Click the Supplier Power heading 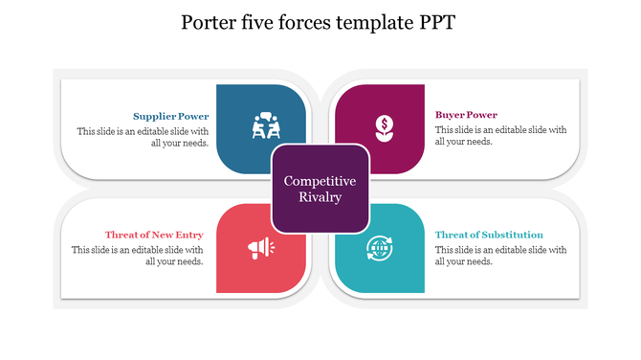tap(171, 116)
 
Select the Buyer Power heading tap(466, 115)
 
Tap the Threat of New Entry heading tap(154, 235)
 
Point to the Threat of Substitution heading tap(489, 235)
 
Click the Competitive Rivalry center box tap(320, 189)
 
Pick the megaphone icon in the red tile tap(260, 249)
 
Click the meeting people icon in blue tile tap(264, 125)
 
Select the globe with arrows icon tap(379, 248)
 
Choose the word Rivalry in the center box tap(320, 198)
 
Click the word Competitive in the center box tap(320, 181)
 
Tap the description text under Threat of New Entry tap(137, 256)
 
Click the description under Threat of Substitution tap(500, 255)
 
